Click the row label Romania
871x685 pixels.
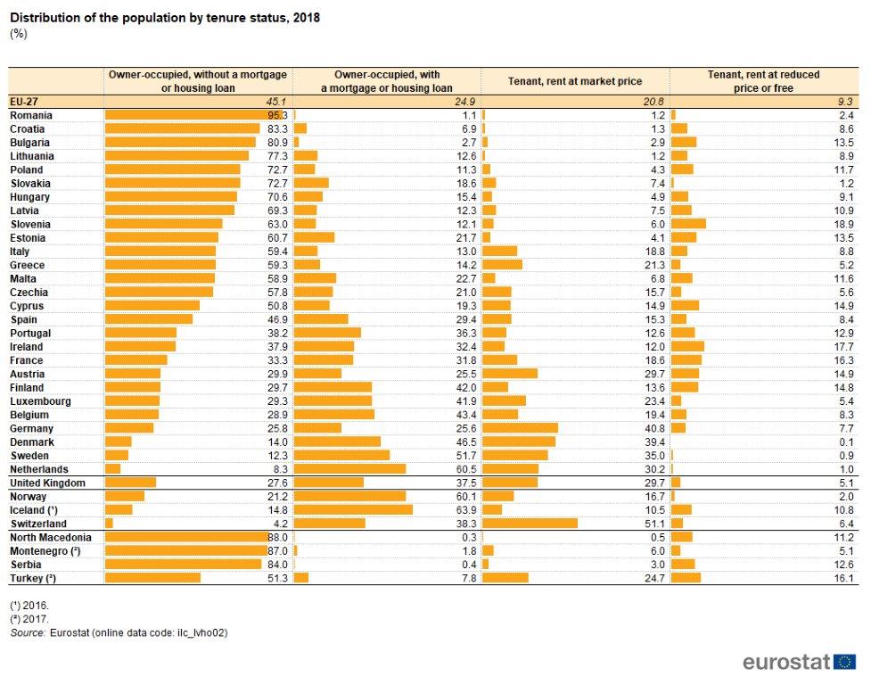point(31,115)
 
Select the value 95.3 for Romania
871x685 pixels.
point(278,115)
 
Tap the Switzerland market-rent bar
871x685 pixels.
point(530,524)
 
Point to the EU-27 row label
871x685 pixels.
point(25,101)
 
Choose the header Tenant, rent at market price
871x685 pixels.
point(574,81)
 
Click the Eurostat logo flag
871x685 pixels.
point(845,662)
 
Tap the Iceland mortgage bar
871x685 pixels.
point(353,510)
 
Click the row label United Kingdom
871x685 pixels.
point(47,483)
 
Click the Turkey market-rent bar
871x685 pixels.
point(505,578)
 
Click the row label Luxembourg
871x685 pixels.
point(40,401)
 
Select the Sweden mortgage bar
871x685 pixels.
point(341,456)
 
